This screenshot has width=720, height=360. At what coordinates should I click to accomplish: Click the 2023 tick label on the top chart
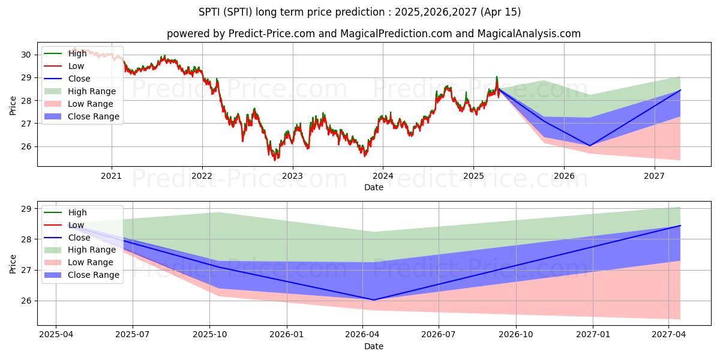pos(292,176)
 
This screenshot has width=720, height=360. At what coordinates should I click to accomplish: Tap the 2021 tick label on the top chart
pos(111,176)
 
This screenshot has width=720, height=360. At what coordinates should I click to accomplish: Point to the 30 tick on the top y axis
pos(26,55)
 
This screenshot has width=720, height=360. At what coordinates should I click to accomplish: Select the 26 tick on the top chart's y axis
pos(26,146)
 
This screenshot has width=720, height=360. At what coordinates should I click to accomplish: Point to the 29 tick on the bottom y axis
pos(26,209)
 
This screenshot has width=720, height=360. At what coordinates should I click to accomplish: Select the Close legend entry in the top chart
pos(79,79)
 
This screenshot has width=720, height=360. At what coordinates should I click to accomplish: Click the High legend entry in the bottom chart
pos(77,212)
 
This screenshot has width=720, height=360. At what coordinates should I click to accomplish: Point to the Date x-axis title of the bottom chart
pos(373,346)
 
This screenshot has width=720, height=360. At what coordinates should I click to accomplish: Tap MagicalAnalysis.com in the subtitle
pos(529,34)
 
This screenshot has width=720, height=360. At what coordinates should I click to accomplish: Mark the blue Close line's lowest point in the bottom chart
pos(373,300)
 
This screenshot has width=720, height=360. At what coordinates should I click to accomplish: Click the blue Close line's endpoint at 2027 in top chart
pos(680,90)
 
